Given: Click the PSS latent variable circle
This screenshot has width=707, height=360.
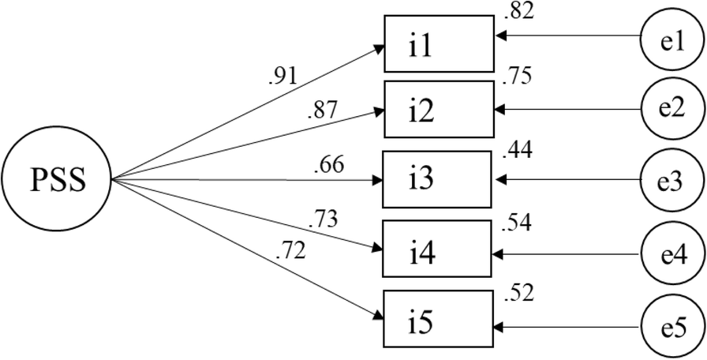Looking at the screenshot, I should click(x=58, y=181).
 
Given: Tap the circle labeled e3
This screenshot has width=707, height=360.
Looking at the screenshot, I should click(x=671, y=180).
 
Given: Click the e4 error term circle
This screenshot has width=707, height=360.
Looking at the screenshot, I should click(x=671, y=255).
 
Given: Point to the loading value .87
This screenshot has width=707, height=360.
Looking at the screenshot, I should click(x=324, y=111).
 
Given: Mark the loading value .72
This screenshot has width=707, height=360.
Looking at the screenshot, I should click(x=291, y=253).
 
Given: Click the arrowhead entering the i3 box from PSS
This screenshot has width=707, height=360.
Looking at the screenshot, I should click(x=377, y=181).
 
